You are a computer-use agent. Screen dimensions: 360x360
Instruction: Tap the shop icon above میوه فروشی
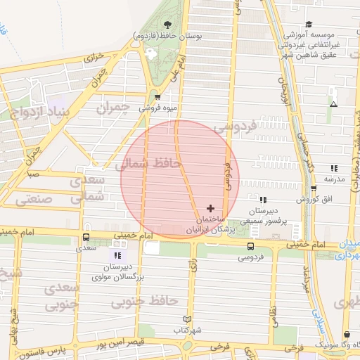coord(157,97)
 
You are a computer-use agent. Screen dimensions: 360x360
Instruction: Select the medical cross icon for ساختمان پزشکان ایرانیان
coord(210,208)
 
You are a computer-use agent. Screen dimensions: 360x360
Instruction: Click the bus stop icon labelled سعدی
coord(86,237)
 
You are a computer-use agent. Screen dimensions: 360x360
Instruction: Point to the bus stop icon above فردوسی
coord(251,245)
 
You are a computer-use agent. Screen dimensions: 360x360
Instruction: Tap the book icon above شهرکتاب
coord(186,319)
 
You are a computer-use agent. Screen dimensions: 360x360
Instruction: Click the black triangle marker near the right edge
coord(333,104)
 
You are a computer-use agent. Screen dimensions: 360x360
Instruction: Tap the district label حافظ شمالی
coord(148,165)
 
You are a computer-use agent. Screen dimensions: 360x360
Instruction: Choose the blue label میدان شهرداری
coord(345,250)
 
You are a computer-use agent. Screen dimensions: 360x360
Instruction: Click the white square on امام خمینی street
coord(151,248)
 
